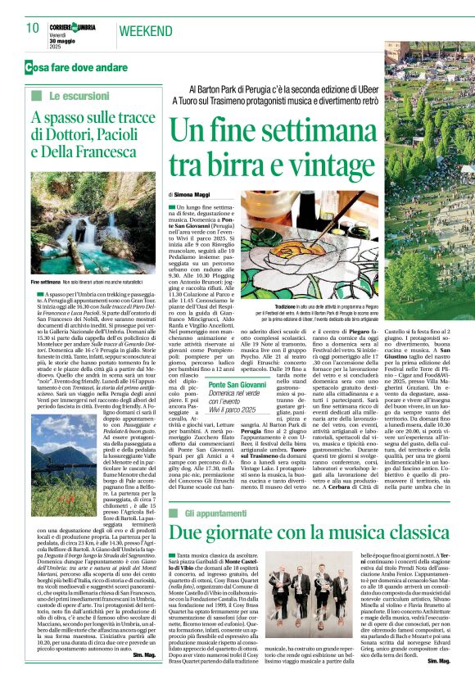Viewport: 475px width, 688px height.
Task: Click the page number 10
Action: click(x=33, y=28)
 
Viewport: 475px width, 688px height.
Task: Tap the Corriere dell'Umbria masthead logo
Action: click(x=75, y=26)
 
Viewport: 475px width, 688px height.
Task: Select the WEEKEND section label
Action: click(x=147, y=31)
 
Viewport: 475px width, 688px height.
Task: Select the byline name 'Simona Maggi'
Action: click(x=192, y=194)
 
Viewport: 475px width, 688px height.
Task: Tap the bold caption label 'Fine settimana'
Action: click(x=48, y=280)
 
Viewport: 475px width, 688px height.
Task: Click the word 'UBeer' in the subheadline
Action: click(x=413, y=88)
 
